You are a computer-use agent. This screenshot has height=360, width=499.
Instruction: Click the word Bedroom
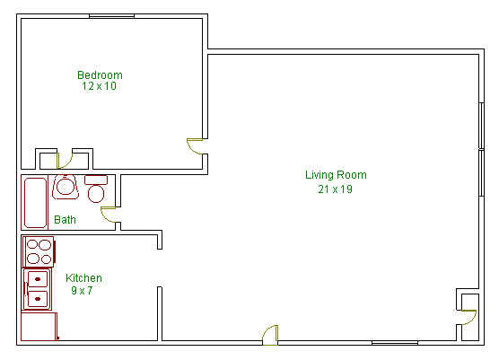click(100, 75)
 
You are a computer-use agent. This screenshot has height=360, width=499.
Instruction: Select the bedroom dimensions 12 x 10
click(100, 87)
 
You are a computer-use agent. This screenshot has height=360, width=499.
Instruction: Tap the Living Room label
click(336, 175)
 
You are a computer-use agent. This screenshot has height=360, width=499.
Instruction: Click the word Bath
click(65, 219)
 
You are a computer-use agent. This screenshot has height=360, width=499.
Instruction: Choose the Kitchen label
click(83, 278)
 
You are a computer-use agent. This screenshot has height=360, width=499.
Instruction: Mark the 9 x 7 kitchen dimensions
click(83, 291)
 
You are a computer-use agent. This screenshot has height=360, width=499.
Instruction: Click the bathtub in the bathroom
click(35, 203)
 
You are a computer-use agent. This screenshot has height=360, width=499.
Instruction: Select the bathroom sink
click(65, 187)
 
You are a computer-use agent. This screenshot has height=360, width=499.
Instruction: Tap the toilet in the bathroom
click(97, 189)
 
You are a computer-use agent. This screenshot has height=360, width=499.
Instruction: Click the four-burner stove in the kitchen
click(39, 251)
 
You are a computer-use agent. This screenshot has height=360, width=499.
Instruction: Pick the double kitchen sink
click(38, 289)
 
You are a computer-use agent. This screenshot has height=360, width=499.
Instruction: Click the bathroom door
click(109, 215)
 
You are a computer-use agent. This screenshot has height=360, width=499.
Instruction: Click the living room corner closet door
click(468, 316)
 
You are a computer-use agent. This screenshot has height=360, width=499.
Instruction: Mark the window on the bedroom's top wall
click(111, 15)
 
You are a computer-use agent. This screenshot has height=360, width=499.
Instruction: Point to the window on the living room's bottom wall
click(395, 342)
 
